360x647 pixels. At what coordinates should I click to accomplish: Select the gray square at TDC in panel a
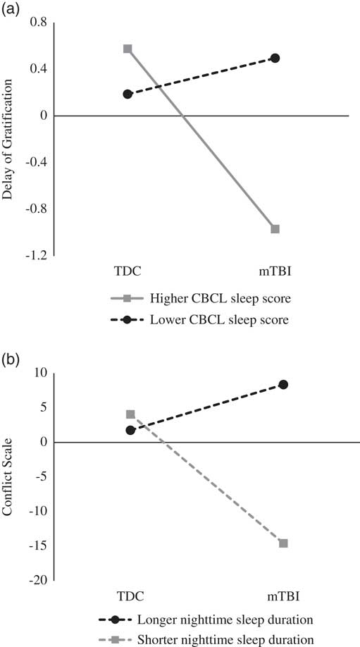(x=128, y=49)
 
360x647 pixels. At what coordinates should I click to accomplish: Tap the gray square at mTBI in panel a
(x=275, y=229)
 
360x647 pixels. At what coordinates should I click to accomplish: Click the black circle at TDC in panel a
(x=128, y=94)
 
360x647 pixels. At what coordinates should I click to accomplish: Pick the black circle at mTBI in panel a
(x=275, y=58)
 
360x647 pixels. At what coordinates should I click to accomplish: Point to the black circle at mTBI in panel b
(x=283, y=384)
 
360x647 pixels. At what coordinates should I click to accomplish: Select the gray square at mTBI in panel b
(x=283, y=543)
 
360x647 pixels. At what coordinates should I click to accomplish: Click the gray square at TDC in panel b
(x=130, y=414)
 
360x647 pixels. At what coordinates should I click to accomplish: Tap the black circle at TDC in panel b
(x=130, y=430)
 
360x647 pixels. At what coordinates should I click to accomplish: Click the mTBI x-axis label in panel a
(x=275, y=271)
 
